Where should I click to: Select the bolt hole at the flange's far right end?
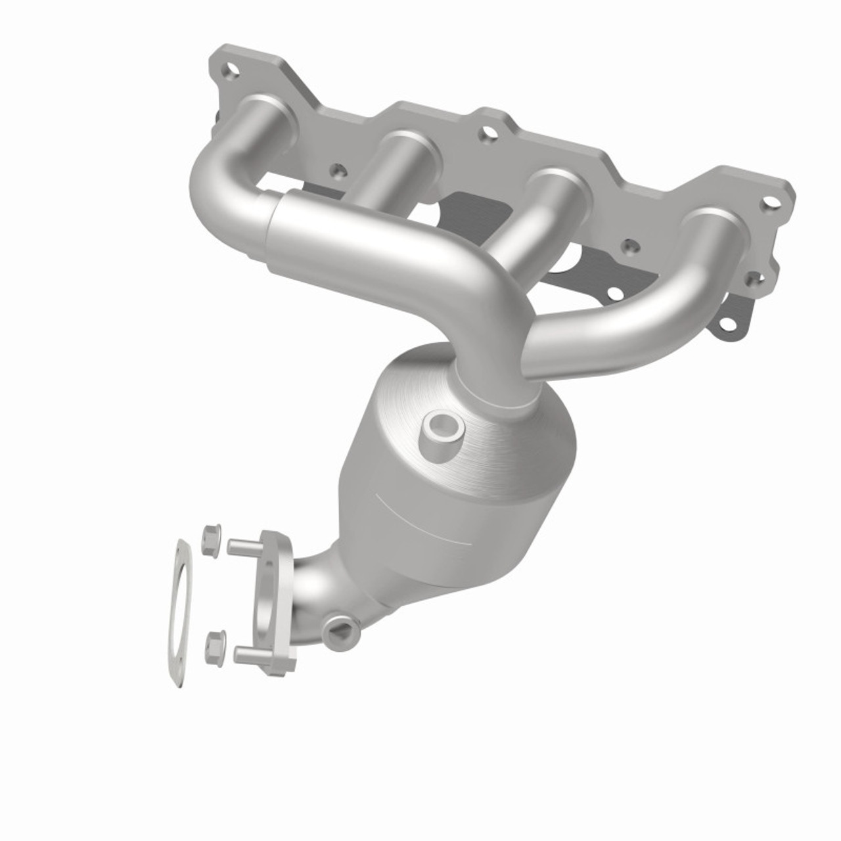(x=767, y=202)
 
